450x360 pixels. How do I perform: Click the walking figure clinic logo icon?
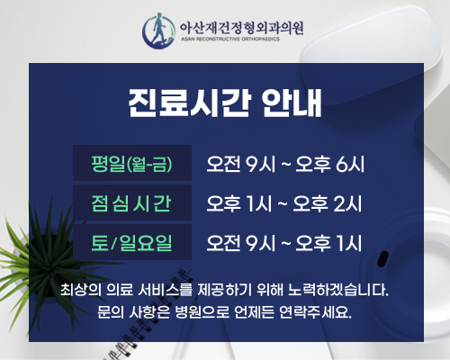pyautogui.click(x=158, y=31)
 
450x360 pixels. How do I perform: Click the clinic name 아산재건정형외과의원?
pyautogui.click(x=241, y=28)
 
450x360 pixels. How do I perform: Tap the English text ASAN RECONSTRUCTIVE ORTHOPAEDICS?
pyautogui.click(x=230, y=39)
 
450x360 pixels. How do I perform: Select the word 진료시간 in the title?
pyautogui.click(x=189, y=103)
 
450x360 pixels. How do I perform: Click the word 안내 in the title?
pyautogui.click(x=292, y=103)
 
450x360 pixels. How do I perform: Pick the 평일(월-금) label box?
pyautogui.click(x=132, y=163)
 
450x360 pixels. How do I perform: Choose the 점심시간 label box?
pyautogui.click(x=132, y=202)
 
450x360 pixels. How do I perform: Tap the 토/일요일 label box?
pyautogui.click(x=132, y=242)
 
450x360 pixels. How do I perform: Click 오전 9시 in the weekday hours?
pyautogui.click(x=240, y=164)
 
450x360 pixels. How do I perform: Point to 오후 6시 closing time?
pyautogui.click(x=329, y=164)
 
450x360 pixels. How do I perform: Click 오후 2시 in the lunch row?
pyautogui.click(x=327, y=203)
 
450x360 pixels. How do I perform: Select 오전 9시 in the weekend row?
pyautogui.click(x=240, y=243)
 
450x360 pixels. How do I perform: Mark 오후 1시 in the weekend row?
pyautogui.click(x=328, y=243)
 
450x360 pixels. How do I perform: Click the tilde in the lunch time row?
pyautogui.click(x=283, y=203)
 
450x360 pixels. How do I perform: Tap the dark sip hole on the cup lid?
pyautogui.click(x=382, y=258)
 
